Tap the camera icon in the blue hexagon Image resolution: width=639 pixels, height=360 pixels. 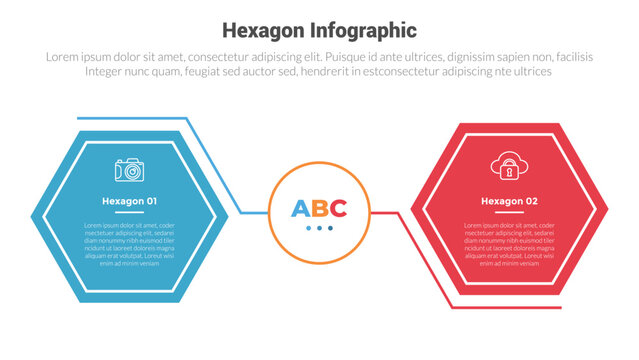129,170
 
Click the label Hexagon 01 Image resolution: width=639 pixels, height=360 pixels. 129,202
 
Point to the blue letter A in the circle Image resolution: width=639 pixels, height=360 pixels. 300,209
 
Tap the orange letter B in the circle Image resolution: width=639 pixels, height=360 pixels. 319,209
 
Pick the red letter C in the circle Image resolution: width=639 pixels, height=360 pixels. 338,209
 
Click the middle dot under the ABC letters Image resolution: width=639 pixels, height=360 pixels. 319,229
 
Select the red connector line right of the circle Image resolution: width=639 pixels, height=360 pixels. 384,212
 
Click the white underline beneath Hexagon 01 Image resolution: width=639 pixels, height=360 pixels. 129,213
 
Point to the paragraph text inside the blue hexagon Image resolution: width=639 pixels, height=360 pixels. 129,244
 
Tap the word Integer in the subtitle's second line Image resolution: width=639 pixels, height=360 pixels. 107,72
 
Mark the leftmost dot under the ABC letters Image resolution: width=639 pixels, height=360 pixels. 309,229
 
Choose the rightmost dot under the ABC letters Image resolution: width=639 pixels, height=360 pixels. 330,229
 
